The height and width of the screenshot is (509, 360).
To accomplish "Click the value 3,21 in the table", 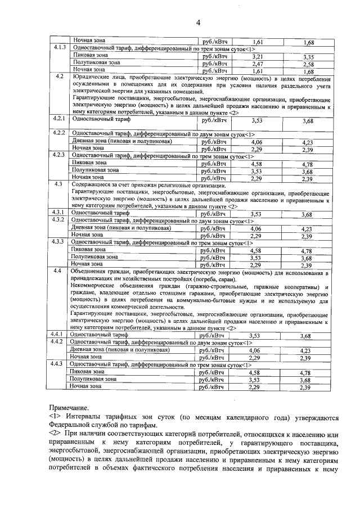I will (257, 56).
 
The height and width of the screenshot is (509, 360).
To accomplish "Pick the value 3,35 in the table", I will (307, 57).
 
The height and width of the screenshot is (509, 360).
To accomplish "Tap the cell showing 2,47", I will (257, 64).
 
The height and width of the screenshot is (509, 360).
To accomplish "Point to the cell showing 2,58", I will (307, 64).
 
